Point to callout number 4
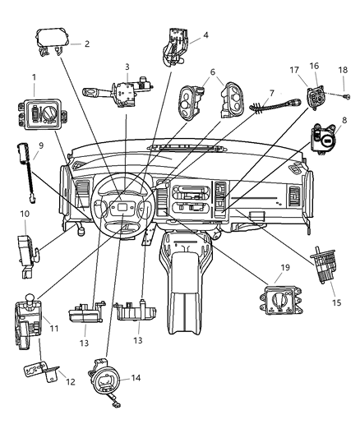[205, 35]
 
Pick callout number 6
[215, 72]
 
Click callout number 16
[315, 65]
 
